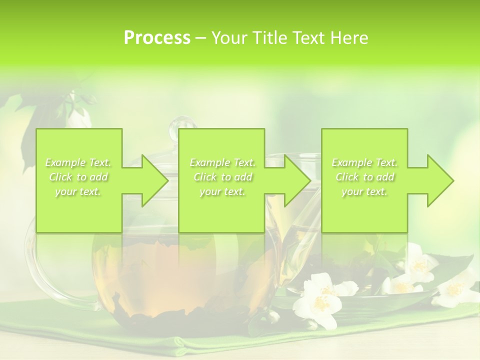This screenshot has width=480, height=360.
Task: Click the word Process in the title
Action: click(157, 38)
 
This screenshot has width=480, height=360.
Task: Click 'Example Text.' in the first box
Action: click(78, 162)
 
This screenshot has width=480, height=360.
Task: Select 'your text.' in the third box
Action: click(364, 191)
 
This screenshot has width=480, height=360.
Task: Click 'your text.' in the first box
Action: click(78, 191)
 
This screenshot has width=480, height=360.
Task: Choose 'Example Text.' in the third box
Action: click(364, 162)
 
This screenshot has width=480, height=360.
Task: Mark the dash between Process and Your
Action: click(201, 38)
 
